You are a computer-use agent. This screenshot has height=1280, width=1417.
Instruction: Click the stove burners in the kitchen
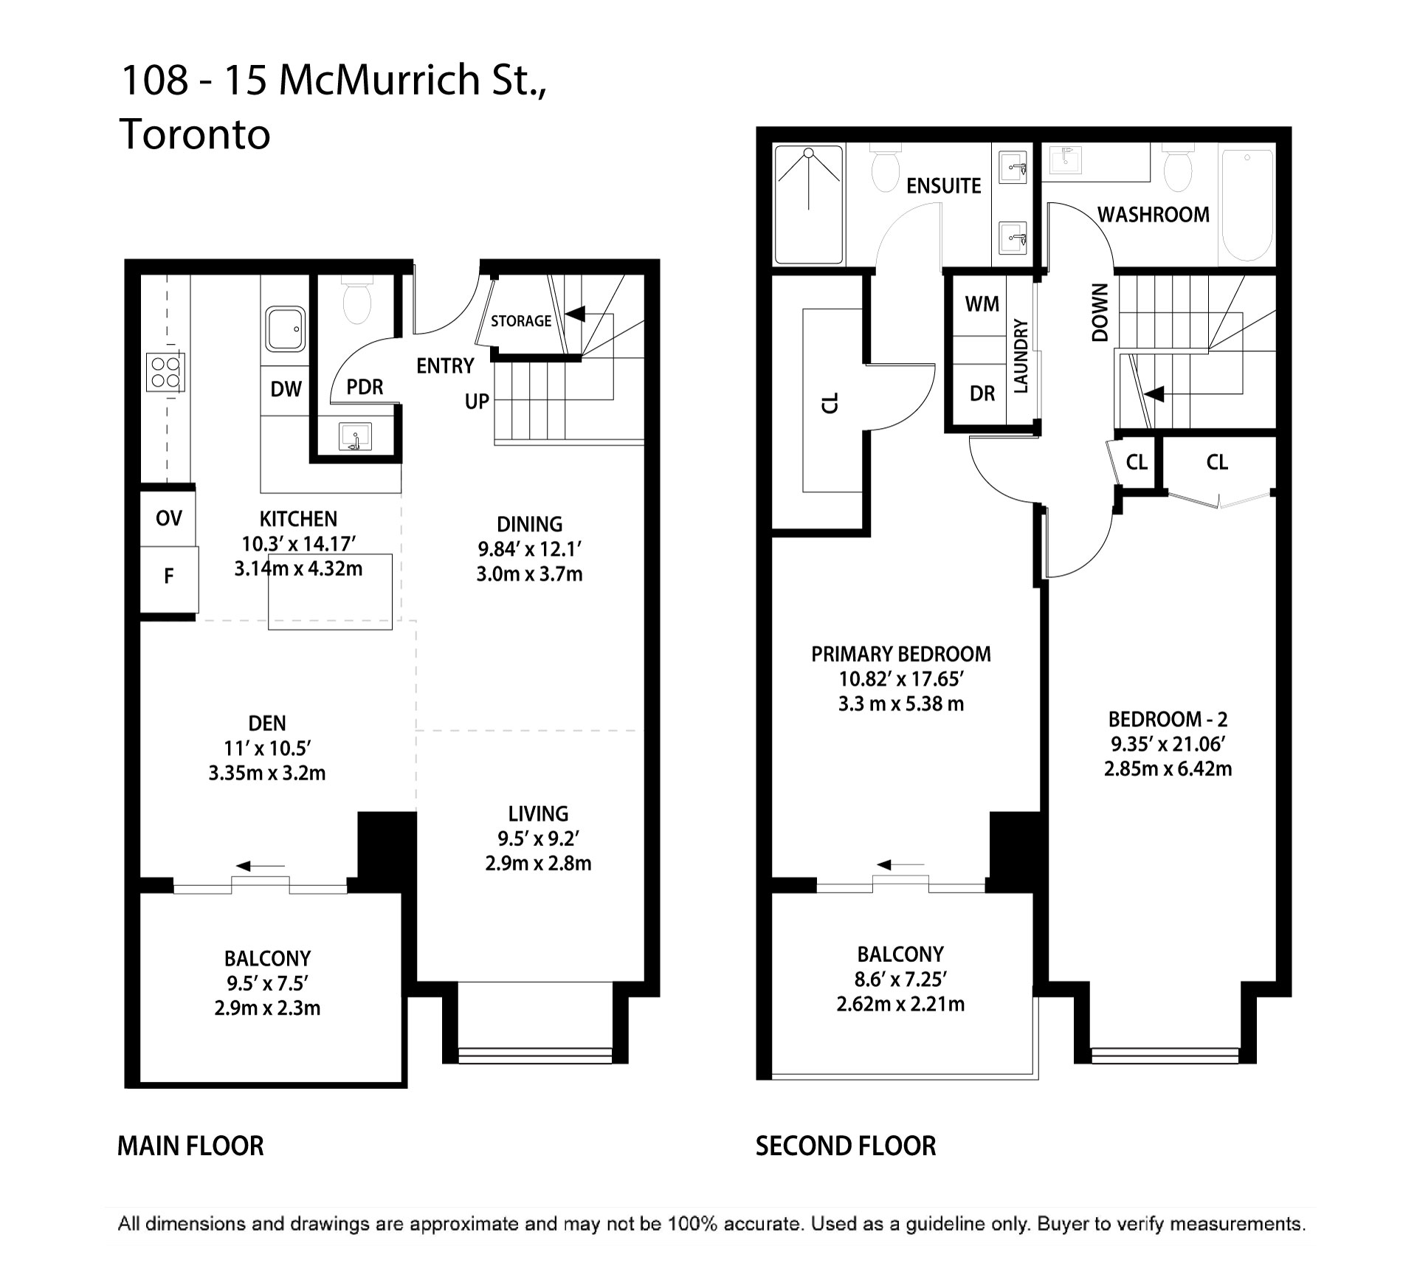[x=165, y=372]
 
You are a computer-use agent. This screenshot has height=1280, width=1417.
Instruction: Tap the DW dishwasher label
[x=286, y=389]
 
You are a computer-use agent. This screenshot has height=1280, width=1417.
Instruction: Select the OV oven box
[x=168, y=517]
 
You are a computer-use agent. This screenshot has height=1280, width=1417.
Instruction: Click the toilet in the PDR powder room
[x=358, y=301]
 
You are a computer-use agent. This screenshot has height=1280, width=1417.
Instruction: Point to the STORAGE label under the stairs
[x=521, y=321]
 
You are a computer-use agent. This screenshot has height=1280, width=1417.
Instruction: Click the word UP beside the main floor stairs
[x=477, y=402]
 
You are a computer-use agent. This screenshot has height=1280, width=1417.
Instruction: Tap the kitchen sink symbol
[x=286, y=330]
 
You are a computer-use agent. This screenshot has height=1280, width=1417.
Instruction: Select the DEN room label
[x=267, y=723]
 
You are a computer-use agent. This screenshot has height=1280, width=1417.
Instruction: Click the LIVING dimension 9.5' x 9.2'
[x=538, y=839]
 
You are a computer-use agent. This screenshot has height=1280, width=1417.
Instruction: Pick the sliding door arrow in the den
[x=261, y=865]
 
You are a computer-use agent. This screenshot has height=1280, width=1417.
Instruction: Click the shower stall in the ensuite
[x=809, y=203]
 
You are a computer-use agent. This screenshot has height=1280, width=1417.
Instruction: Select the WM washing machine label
[x=982, y=304]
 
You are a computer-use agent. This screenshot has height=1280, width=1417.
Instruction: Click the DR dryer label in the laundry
[x=982, y=394]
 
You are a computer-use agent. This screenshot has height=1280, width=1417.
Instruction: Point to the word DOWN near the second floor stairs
[x=1100, y=312]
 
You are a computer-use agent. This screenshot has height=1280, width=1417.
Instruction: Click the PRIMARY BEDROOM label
[x=901, y=654]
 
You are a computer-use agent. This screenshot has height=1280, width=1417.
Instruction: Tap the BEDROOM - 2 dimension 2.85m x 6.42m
[x=1168, y=769]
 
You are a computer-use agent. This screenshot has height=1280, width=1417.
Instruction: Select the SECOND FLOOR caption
[x=846, y=1146]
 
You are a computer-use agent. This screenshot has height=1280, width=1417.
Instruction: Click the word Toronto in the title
[x=195, y=134]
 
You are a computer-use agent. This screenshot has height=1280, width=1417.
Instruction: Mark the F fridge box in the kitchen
[x=168, y=577]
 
